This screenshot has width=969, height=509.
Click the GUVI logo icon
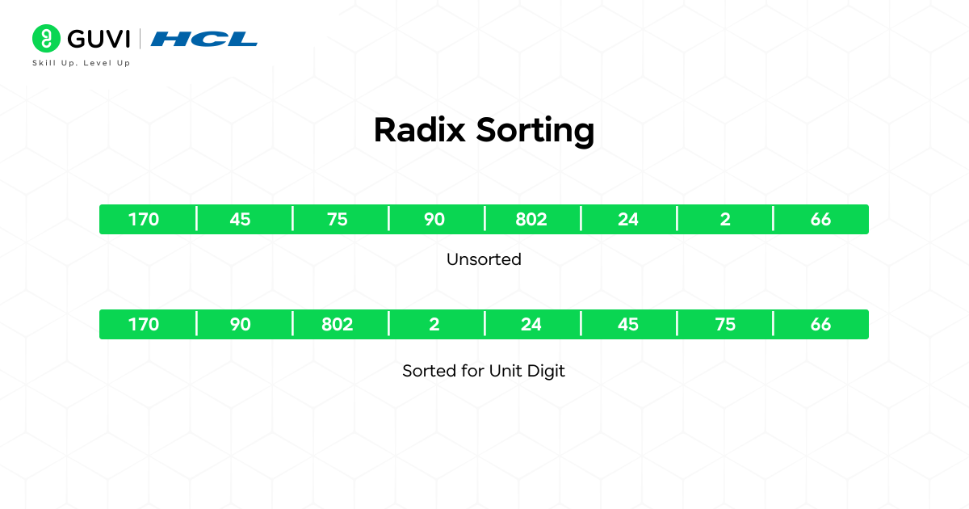(46, 38)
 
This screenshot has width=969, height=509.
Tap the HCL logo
(204, 39)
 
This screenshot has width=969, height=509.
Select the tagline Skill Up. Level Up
(81, 63)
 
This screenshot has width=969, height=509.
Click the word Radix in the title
(420, 130)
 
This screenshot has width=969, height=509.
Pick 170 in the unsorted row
(144, 220)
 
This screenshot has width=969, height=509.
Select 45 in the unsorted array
(240, 220)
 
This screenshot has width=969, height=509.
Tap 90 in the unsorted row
(434, 220)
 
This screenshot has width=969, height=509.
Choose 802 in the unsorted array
(531, 220)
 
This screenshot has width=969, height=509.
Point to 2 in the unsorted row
(725, 220)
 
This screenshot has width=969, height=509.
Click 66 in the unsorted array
(820, 220)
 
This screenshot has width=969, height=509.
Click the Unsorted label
(484, 259)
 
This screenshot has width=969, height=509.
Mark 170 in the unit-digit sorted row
(144, 325)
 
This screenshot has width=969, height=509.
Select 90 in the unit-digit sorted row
(240, 325)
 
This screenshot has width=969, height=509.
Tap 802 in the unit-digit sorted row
(338, 325)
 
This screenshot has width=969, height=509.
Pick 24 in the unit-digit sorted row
(531, 325)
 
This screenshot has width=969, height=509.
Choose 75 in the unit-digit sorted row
(725, 325)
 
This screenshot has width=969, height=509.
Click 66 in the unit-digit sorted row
(820, 325)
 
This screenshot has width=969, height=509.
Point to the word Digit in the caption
(547, 372)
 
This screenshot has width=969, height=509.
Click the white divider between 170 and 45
(196, 219)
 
